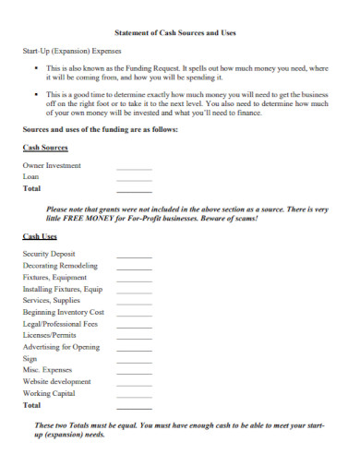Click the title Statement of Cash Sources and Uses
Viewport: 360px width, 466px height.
[180, 32]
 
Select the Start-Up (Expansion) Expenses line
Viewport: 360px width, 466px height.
[72, 52]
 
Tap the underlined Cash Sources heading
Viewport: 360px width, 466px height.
[44, 147]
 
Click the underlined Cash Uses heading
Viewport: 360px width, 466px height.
[40, 237]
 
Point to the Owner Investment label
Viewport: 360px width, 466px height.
[52, 165]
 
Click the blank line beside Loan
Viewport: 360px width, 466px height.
[134, 177]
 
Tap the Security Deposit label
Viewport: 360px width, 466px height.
[49, 253]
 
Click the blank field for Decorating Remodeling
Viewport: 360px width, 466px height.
[134, 266]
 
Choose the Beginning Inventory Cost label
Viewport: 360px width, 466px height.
[63, 312]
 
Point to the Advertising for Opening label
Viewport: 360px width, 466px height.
[60, 347]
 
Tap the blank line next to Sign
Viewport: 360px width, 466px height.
[134, 360]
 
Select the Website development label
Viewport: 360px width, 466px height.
[56, 381]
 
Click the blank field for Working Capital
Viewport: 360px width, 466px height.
[134, 394]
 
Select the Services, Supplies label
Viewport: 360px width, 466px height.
[52, 300]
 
